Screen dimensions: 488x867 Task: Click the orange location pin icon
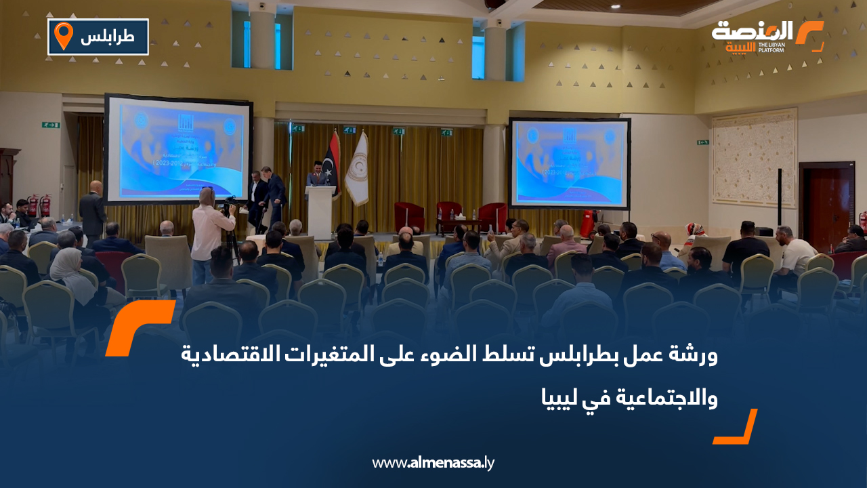point(63,36)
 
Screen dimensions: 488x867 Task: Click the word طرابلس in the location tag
point(108,38)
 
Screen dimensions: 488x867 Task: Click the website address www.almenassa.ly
point(433,463)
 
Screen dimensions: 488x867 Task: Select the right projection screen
point(570,163)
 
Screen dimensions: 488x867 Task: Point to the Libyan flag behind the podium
point(332,163)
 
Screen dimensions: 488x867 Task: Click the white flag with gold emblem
point(357,169)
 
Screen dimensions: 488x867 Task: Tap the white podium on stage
point(320,210)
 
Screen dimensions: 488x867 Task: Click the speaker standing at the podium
point(317,174)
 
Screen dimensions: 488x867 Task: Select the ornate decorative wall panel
point(753,158)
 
